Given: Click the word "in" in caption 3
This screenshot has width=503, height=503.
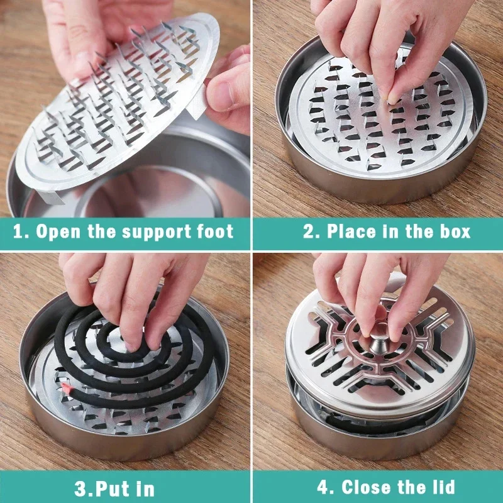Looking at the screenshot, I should (x=143, y=487).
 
